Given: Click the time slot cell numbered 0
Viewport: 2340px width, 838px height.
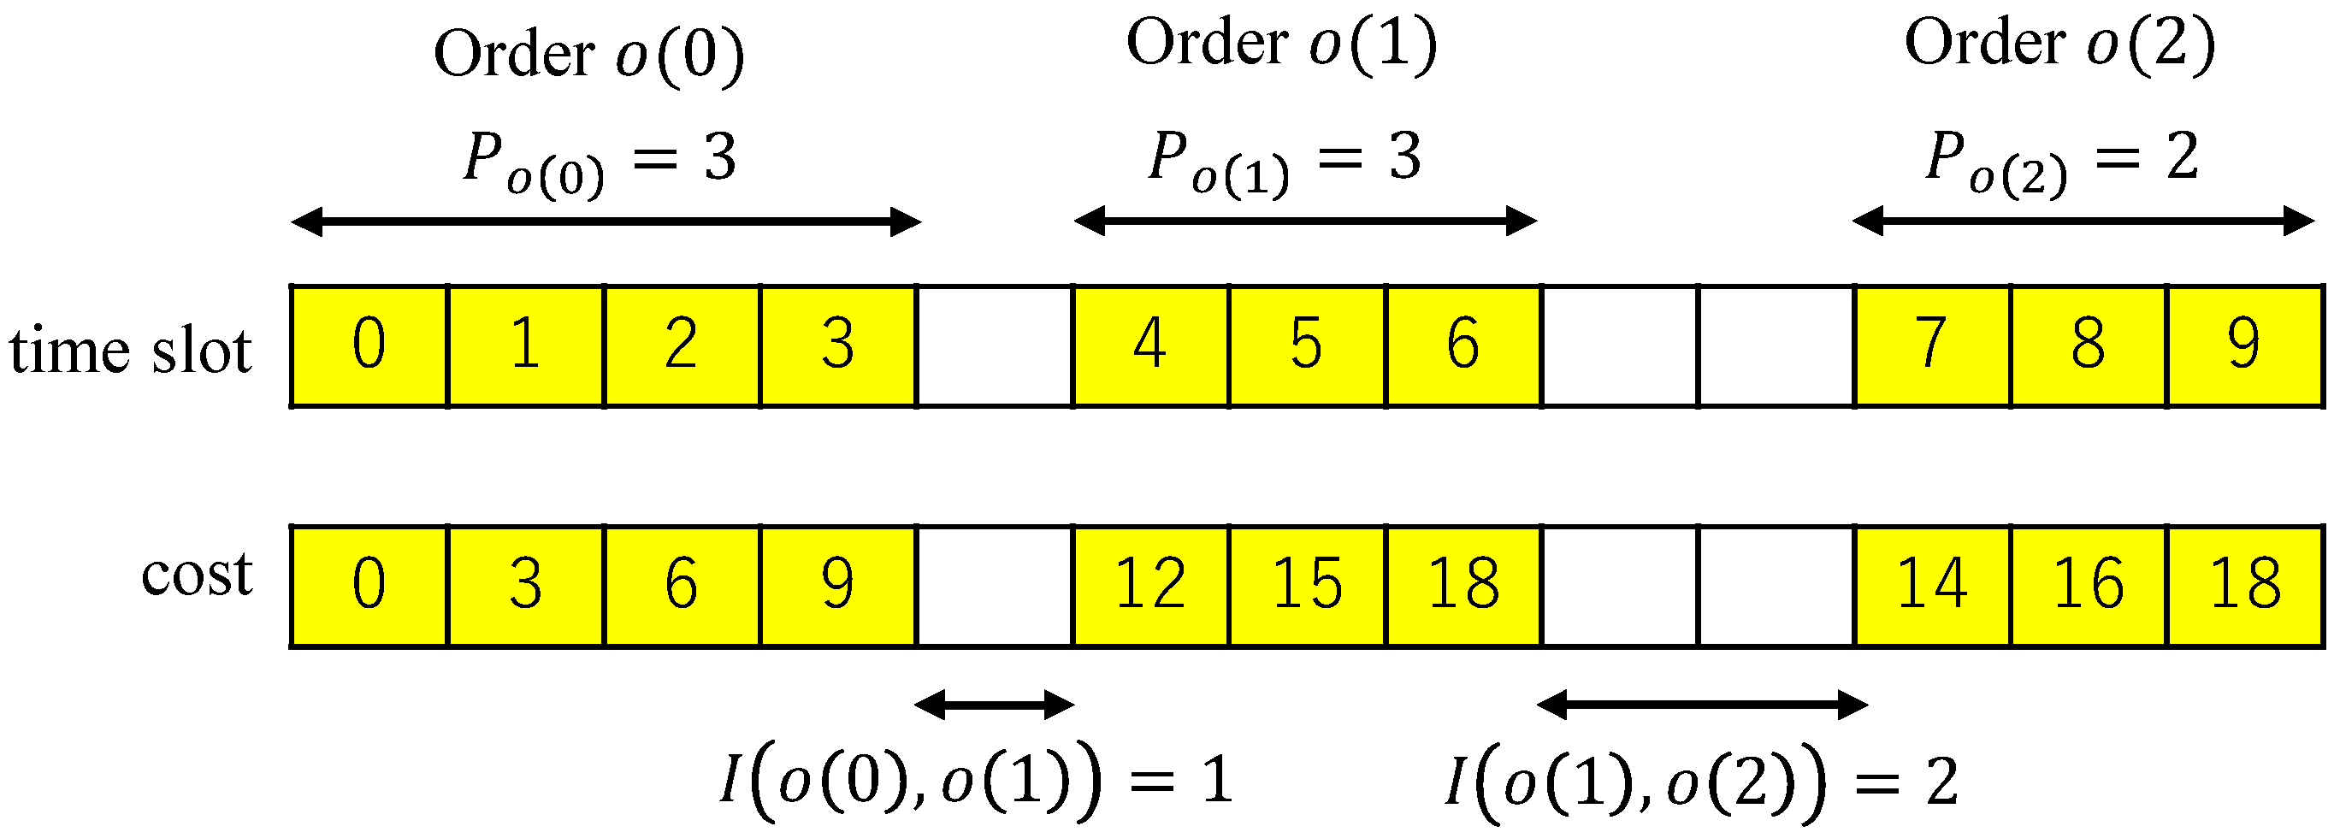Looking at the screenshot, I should pyautogui.click(x=369, y=346).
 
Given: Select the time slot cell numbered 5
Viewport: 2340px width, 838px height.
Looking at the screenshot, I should pyautogui.click(x=1306, y=346).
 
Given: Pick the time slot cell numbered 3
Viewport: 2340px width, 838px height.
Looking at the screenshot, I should pyautogui.click(x=837, y=346).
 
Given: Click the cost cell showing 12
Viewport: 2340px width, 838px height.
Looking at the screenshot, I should pyautogui.click(x=1150, y=586).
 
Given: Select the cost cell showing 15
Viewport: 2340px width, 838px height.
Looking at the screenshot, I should pyautogui.click(x=1306, y=586).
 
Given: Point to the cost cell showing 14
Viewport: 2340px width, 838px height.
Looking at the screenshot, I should pyautogui.click(x=1931, y=586).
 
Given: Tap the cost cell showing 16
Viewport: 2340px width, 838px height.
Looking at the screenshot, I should pyautogui.click(x=2088, y=586).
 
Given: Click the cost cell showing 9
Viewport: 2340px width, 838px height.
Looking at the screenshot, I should pyautogui.click(x=837, y=586).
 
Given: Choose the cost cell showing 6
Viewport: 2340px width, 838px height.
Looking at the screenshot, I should pyautogui.click(x=682, y=586).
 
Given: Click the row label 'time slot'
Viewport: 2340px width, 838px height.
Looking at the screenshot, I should pyautogui.click(x=130, y=350).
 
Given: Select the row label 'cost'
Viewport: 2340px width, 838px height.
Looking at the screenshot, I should pyautogui.click(x=196, y=575).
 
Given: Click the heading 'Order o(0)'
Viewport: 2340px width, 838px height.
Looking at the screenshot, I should pyautogui.click(x=588, y=55).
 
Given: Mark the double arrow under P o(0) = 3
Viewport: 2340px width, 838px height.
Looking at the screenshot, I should pyautogui.click(x=606, y=221).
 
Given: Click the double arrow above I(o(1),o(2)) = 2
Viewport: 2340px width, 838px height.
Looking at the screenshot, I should pyautogui.click(x=1701, y=705).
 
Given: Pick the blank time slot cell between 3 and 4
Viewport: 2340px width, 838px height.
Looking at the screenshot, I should pyautogui.click(x=994, y=346).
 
